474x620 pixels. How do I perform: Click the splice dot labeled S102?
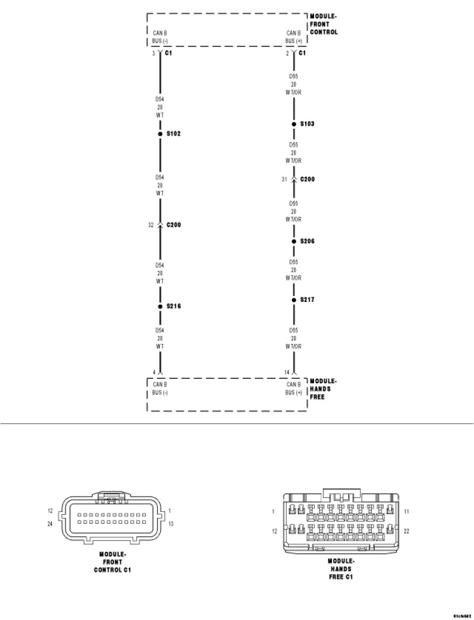click(x=160, y=134)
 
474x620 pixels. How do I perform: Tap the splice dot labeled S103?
click(x=294, y=124)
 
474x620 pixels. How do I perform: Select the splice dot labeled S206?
click(x=294, y=241)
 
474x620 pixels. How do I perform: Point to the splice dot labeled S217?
click(x=294, y=300)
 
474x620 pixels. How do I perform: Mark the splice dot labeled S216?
click(x=160, y=306)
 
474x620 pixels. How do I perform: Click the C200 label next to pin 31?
click(x=307, y=179)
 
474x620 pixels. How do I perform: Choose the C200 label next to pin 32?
click(x=173, y=225)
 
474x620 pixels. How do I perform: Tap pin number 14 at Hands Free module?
click(x=286, y=372)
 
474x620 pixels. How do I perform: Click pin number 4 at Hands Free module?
click(x=154, y=372)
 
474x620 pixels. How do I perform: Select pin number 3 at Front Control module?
click(x=154, y=53)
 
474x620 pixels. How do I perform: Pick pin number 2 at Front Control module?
click(x=287, y=53)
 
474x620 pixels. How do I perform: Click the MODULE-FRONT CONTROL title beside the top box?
click(x=324, y=24)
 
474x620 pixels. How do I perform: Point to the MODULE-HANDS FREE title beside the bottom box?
click(x=323, y=389)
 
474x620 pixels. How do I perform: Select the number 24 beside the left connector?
click(x=50, y=524)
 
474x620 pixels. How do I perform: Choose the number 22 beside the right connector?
click(x=407, y=531)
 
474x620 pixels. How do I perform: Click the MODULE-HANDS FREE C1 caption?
click(x=341, y=569)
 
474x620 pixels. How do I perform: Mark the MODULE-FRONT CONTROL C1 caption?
click(x=113, y=562)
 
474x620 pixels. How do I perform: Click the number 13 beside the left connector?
click(x=171, y=524)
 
